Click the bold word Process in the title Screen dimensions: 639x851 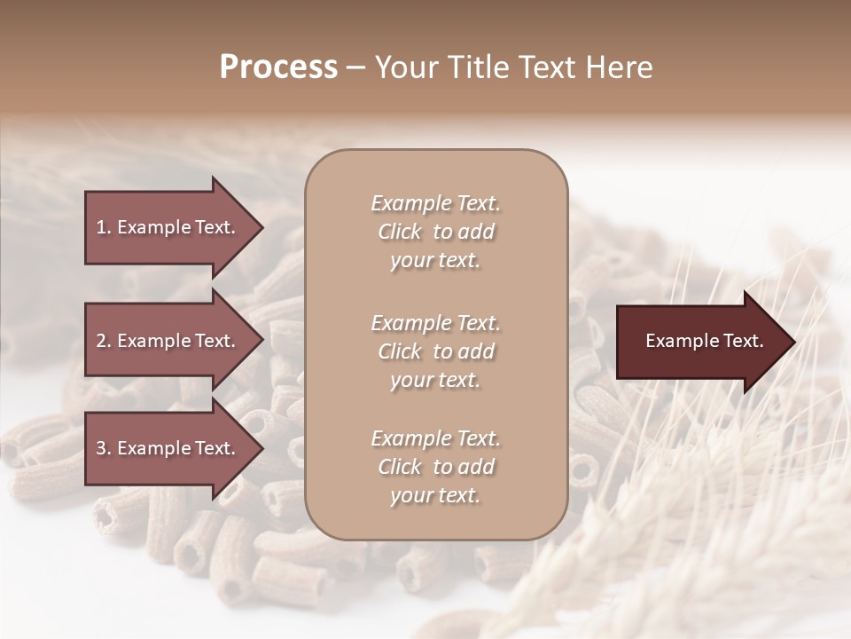click(278, 67)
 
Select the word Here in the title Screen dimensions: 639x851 click(617, 67)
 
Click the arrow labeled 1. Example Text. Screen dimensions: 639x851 click(168, 227)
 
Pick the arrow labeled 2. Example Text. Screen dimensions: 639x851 click(168, 341)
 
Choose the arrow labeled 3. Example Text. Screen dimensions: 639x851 click(168, 449)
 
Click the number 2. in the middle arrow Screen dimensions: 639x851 click(104, 341)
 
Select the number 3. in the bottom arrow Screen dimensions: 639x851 click(104, 449)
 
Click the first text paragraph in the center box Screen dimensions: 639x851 click(435, 232)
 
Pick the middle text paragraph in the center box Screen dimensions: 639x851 click(435, 351)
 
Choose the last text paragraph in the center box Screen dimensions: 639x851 click(435, 467)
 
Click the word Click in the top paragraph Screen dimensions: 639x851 click(400, 232)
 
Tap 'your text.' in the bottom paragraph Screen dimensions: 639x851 click(435, 495)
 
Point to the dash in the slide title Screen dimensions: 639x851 click(356, 68)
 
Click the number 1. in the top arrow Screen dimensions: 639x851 click(103, 227)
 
